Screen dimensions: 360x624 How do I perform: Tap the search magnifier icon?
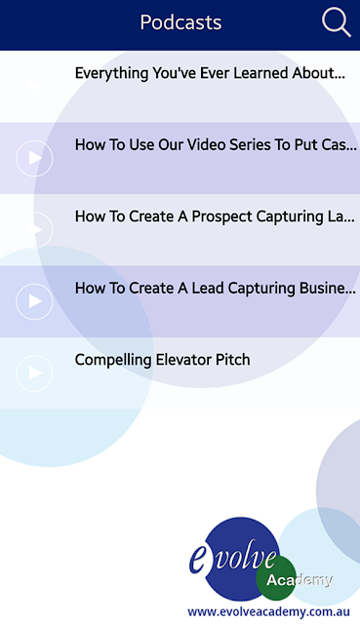pos(337,22)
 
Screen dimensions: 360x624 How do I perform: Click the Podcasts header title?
pos(180,22)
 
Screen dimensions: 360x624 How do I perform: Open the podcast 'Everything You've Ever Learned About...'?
pos(210,74)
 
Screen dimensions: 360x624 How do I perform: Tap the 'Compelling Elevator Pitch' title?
pos(163,360)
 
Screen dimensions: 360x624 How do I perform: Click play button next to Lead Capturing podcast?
pos(34,301)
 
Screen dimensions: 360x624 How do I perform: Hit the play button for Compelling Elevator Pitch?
pos(34,372)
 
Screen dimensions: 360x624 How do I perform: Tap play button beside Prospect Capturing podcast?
pos(34,230)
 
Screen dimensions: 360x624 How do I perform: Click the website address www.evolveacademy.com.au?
pos(269,611)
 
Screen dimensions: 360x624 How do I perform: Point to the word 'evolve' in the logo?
pos(233,559)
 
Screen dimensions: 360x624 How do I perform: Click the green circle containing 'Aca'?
pos(276,578)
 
